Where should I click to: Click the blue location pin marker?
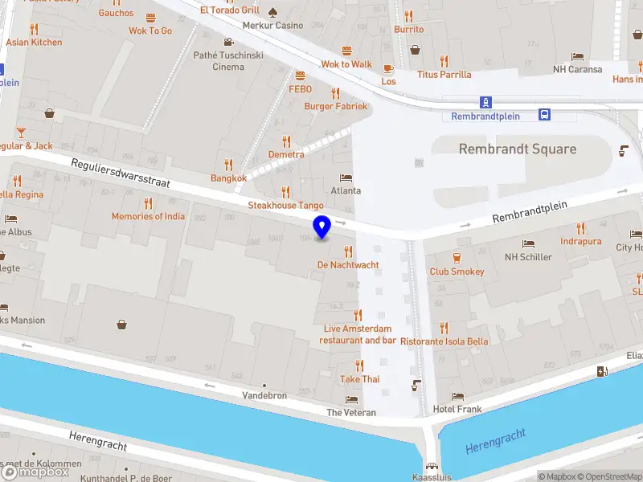point(322,227)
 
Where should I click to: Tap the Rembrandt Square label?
point(517,149)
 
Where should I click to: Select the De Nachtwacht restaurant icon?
point(348,251)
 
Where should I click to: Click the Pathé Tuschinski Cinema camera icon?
point(229,42)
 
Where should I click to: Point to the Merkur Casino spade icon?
point(272,12)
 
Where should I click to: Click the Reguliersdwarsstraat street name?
point(121,172)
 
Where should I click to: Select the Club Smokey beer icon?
point(457,258)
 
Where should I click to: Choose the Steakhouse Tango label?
point(285,206)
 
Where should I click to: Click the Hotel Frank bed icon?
point(457,396)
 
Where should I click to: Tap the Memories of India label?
point(148,216)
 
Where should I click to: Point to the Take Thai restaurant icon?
point(359,366)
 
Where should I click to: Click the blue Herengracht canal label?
point(496,441)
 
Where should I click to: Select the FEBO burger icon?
point(300,76)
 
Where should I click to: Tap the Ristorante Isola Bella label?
point(456,341)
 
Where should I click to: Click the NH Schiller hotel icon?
point(528,243)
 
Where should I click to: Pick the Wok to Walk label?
point(346,64)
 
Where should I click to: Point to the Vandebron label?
point(264,396)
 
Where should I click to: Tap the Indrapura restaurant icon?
point(581,227)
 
